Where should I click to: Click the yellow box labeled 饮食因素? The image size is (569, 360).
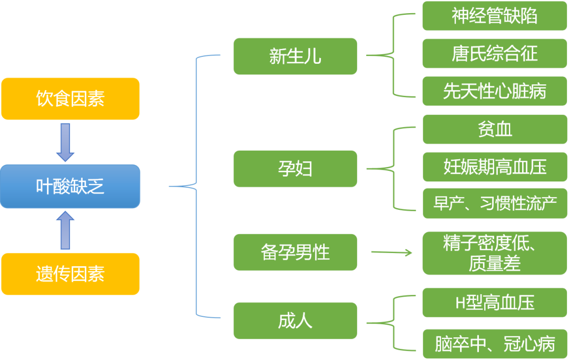point(71,99)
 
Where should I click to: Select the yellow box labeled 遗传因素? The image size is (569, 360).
point(71,274)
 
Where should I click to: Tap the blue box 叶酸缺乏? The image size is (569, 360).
point(71,186)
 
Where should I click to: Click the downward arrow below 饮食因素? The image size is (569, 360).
point(66,142)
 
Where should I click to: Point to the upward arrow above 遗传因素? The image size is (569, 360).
point(66,230)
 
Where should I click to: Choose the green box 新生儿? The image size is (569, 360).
point(295,56)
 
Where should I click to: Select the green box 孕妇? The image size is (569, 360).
point(295,169)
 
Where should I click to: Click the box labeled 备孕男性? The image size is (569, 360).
point(295,252)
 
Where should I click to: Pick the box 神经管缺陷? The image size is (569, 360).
point(494,16)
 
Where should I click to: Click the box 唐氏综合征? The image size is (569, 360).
point(494,54)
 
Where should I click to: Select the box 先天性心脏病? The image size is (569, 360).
point(494,91)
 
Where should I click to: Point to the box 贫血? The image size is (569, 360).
point(494,129)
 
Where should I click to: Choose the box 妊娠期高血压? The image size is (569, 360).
point(494,167)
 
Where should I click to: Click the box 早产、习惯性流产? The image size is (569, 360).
point(494,203)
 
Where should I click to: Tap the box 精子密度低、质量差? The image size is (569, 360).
point(494,254)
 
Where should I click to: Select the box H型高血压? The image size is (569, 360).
point(494,303)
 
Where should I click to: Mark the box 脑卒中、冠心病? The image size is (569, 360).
point(494,344)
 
